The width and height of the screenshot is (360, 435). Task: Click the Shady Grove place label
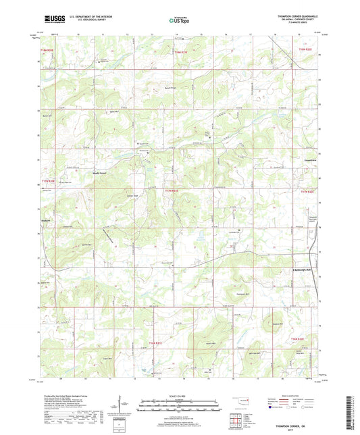(100, 172)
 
